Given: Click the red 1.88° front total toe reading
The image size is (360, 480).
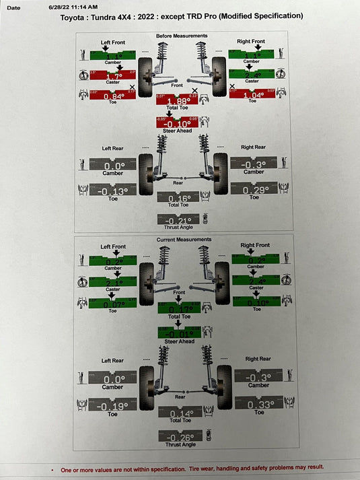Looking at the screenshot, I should click(x=177, y=102).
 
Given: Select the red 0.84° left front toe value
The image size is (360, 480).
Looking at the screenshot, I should click(x=112, y=96).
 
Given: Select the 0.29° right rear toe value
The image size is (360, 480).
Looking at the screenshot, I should click(x=253, y=190).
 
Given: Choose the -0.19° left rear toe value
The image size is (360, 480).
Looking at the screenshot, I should click(x=112, y=406).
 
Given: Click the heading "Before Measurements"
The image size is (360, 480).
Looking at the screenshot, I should click(x=182, y=36).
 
